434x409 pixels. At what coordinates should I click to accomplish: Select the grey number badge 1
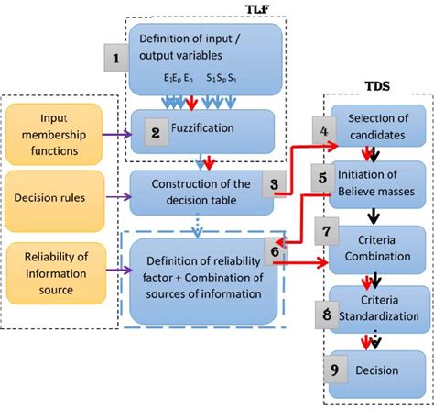(115, 61)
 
